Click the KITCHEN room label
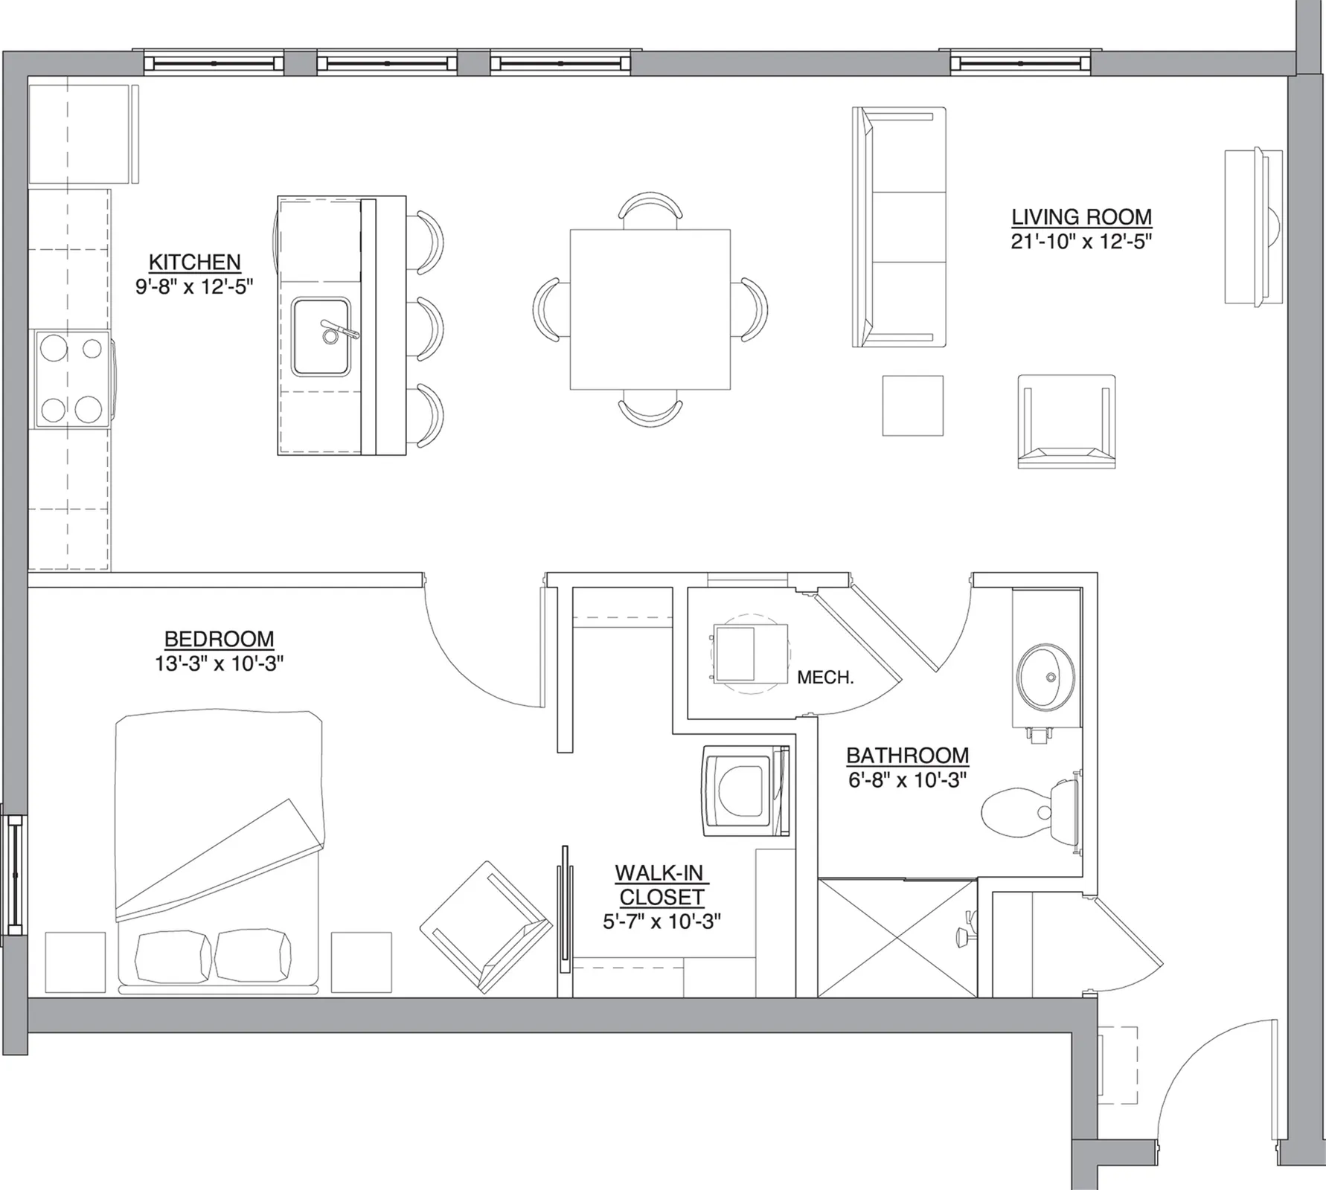point(195,262)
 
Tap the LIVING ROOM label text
point(1081,217)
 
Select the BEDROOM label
point(219,639)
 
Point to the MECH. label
point(824,678)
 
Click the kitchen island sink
point(321,337)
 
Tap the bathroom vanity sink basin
point(1045,677)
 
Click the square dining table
point(650,309)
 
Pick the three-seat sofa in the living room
point(899,227)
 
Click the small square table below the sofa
point(913,405)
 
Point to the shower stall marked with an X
point(897,938)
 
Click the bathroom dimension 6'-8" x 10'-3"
point(907,781)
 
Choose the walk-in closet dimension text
point(662,922)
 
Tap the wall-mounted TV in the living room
point(1254,226)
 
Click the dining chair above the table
point(650,210)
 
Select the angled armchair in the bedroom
point(486,927)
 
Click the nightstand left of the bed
point(75,962)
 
